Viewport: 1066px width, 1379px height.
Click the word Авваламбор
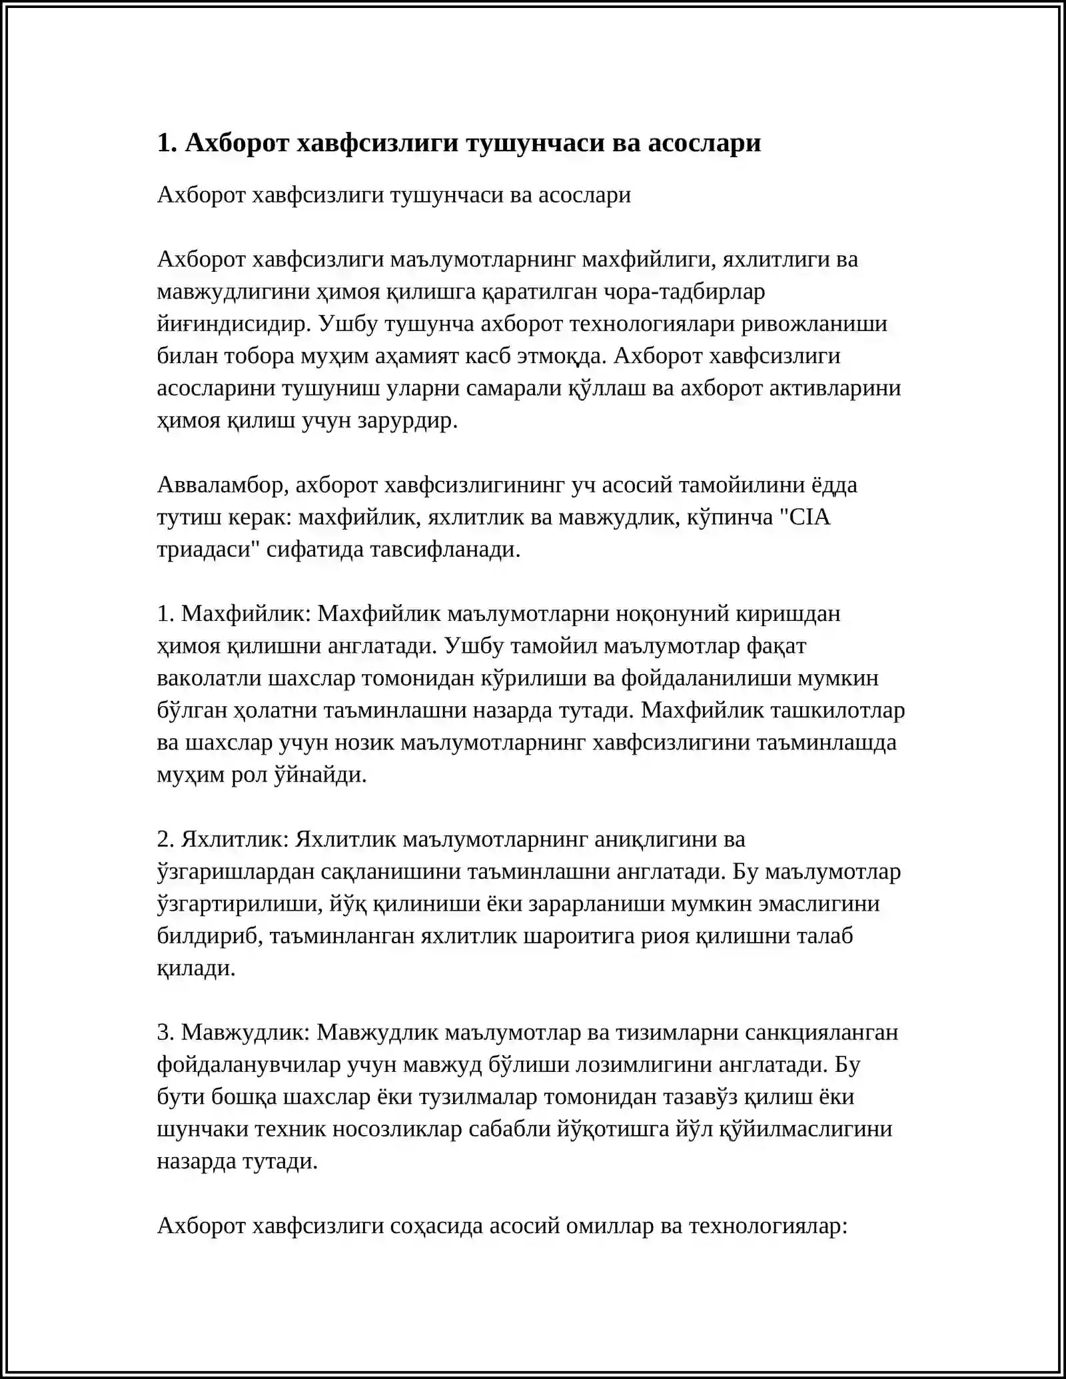click(x=223, y=485)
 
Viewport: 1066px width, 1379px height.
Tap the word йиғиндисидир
click(x=234, y=324)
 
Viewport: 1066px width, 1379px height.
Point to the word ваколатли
click(x=209, y=678)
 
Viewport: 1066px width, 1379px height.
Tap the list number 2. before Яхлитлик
click(x=166, y=839)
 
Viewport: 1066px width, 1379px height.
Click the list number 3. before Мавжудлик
click(x=166, y=1033)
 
